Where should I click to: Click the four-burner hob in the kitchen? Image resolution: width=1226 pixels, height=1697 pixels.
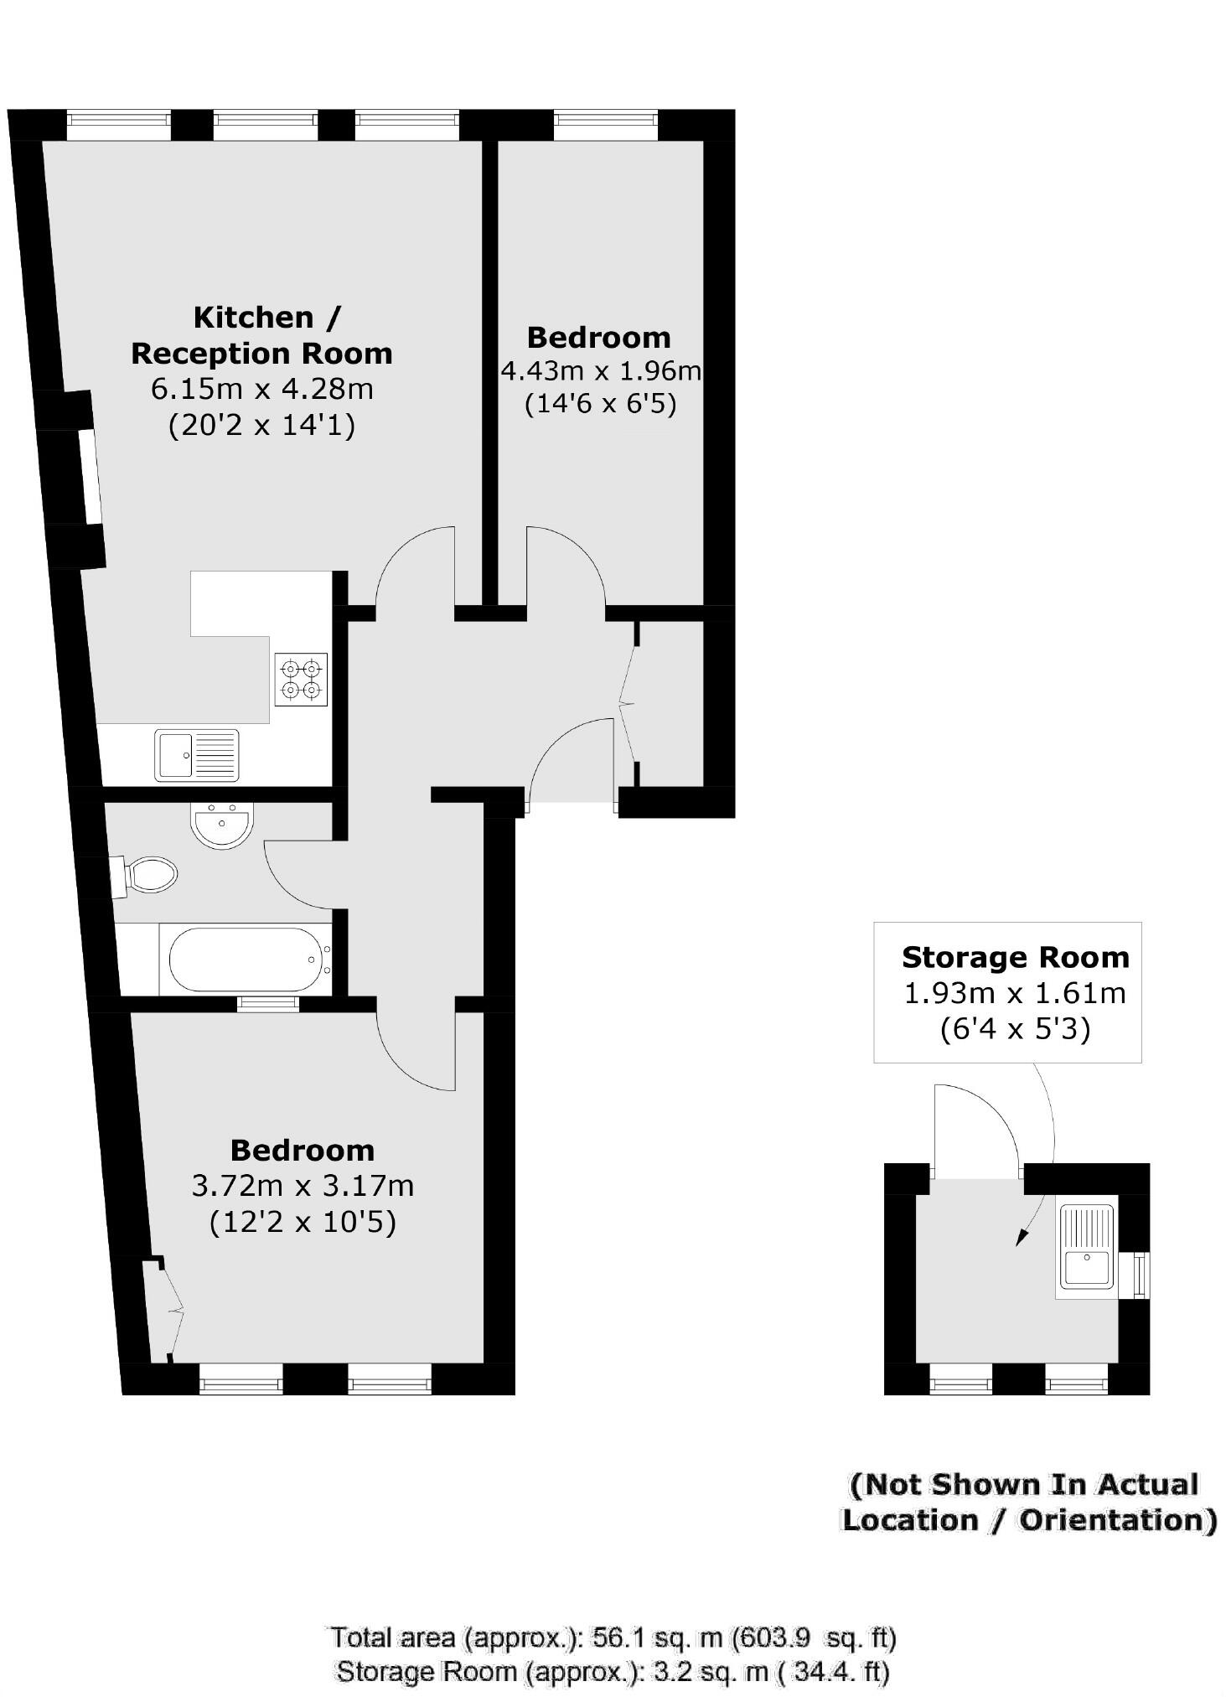pos(301,679)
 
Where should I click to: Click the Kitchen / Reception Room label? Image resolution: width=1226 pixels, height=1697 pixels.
pos(262,335)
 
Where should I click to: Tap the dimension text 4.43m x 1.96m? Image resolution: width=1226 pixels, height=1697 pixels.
pos(600,370)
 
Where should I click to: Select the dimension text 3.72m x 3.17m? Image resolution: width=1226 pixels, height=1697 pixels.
pos(303,1186)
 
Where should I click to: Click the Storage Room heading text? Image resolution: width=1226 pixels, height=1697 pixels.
pos(1015,957)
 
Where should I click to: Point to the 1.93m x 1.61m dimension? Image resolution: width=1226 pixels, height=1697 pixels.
pos(1014,993)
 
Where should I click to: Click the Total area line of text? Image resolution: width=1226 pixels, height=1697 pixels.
pos(613,1637)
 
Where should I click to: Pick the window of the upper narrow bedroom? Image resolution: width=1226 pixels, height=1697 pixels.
pos(605,127)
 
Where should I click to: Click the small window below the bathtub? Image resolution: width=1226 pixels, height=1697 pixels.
pos(268,1004)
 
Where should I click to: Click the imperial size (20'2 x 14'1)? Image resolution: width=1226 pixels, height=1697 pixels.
pos(262,426)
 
